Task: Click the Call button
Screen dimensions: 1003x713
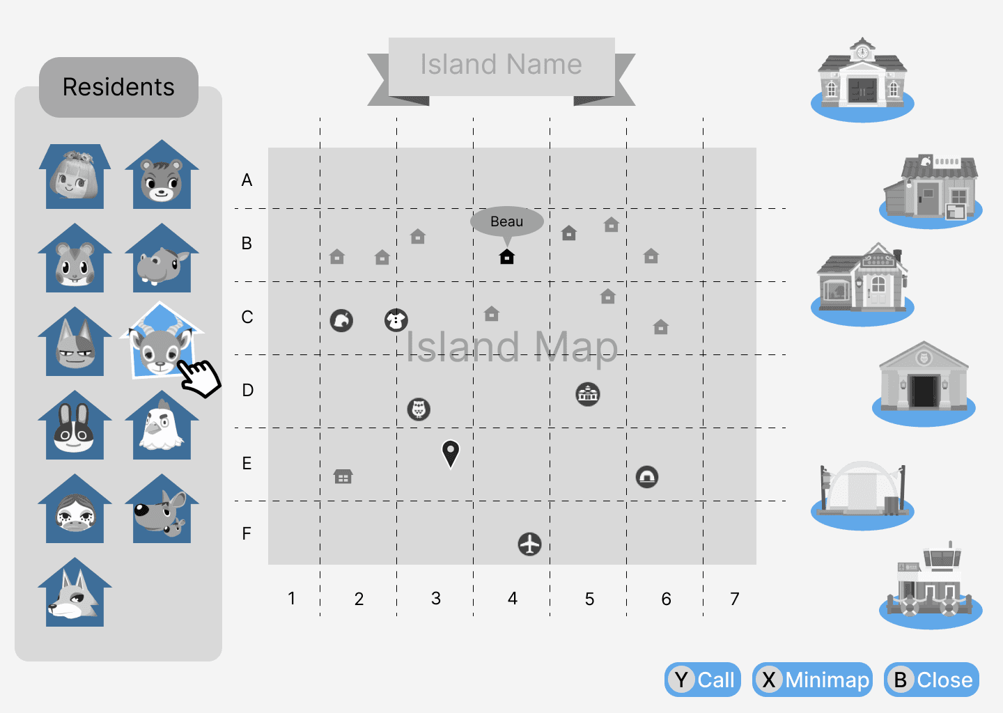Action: point(703,680)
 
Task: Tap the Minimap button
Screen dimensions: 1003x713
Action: point(812,680)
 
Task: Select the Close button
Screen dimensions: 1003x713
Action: point(931,680)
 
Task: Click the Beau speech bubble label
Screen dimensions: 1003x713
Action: point(506,221)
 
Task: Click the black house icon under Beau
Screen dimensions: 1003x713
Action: point(507,257)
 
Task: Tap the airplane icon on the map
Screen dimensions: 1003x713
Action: point(530,544)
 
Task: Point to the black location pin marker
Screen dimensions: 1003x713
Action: point(451,453)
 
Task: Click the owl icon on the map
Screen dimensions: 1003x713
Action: point(419,409)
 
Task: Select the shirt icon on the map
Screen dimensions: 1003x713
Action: point(396,320)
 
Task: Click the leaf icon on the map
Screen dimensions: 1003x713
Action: point(341,320)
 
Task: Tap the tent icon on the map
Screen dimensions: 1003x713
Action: point(647,477)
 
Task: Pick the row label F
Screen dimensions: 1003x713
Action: point(247,534)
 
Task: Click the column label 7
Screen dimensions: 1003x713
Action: point(735,599)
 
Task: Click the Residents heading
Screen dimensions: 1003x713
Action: point(118,87)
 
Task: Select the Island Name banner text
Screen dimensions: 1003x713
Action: point(501,65)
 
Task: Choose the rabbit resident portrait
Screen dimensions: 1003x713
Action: point(75,427)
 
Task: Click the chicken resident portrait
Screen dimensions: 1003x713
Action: point(162,427)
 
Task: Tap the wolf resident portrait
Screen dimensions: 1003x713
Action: point(75,594)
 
